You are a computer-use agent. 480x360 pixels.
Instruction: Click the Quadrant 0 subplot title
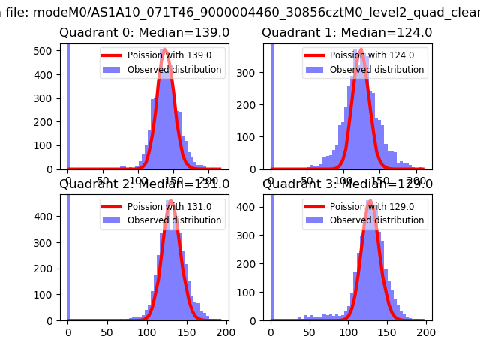click(145, 33)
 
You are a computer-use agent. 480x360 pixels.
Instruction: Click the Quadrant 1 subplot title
click(346, 33)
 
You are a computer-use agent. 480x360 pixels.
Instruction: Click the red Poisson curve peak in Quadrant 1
click(361, 50)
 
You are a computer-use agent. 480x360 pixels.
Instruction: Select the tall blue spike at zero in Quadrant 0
click(68, 105)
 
